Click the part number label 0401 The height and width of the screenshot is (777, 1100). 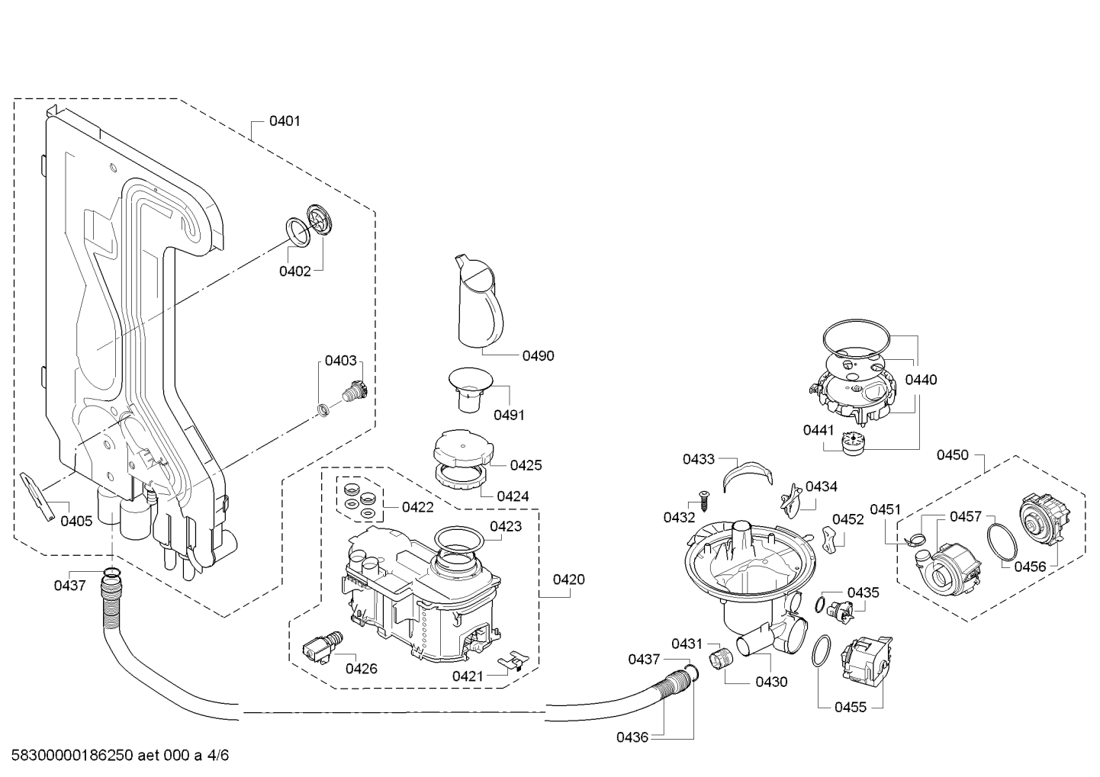tap(285, 120)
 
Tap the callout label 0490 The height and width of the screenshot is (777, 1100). tap(538, 356)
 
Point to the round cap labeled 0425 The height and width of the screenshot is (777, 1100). tap(463, 448)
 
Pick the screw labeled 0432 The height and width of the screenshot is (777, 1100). tap(703, 501)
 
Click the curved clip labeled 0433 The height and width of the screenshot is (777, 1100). tap(748, 474)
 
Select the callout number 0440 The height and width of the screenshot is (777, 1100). tap(921, 380)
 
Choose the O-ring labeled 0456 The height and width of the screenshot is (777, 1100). tap(1002, 542)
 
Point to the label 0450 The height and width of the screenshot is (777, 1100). tap(952, 455)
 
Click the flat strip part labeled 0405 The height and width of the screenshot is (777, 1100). tap(37, 497)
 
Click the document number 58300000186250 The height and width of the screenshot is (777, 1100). tap(72, 755)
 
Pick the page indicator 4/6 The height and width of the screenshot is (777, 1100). tap(217, 755)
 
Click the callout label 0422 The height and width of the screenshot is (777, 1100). tap(417, 507)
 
